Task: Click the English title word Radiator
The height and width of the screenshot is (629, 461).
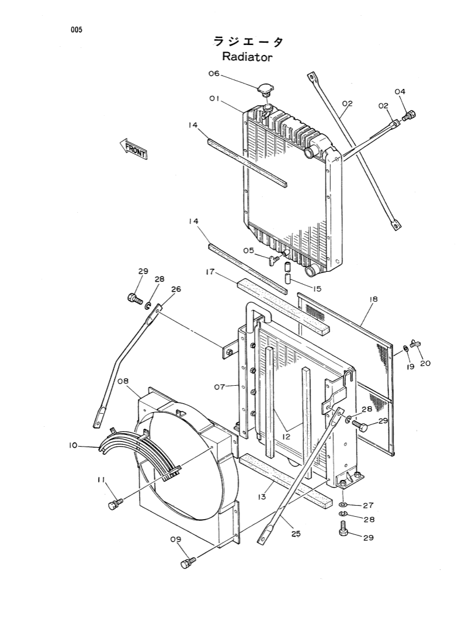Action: click(247, 57)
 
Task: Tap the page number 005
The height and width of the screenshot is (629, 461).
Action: click(76, 30)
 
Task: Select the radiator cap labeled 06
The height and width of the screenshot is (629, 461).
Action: click(265, 91)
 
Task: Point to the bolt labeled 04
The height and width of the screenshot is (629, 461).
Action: click(410, 116)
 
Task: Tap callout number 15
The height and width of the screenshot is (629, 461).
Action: click(317, 288)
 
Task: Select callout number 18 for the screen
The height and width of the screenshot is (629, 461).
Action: click(373, 299)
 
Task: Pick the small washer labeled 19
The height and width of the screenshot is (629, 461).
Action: click(404, 352)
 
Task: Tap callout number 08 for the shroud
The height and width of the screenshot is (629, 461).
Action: click(123, 381)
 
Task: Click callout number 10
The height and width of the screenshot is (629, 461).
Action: click(73, 445)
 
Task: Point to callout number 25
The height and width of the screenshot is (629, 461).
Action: click(296, 533)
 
